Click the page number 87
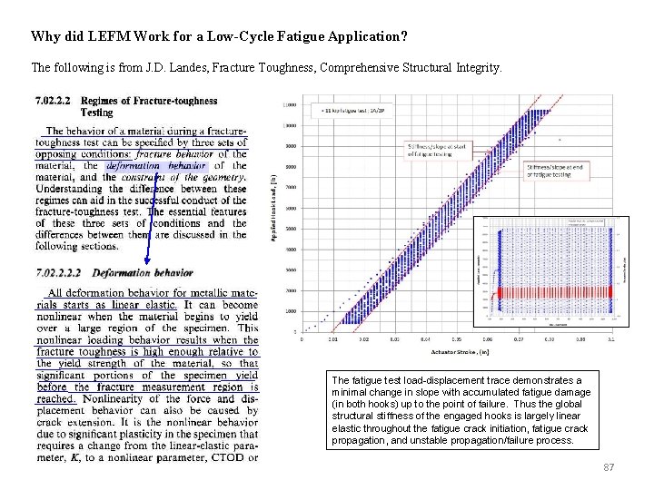pos(609,467)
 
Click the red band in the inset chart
pos(552,292)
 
